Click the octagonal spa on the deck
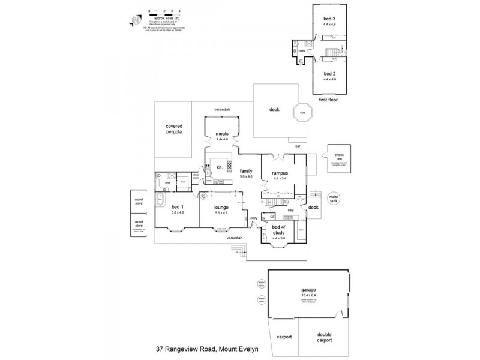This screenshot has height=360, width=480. coord(303,112)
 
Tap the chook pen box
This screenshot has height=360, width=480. coord(339,159)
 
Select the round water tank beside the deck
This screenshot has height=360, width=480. coord(334,197)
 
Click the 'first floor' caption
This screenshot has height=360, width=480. coord(328,100)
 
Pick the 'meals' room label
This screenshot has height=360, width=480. coord(222,134)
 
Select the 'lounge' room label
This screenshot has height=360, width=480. coord(222,208)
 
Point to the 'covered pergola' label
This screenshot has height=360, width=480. coord(174,128)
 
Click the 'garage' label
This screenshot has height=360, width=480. coord(308,290)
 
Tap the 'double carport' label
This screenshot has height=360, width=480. coord(324,337)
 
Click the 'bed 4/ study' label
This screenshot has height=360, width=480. coord(277,230)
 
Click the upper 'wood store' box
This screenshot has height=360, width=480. coord(139,202)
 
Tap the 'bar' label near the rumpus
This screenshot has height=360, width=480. coord(298,146)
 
